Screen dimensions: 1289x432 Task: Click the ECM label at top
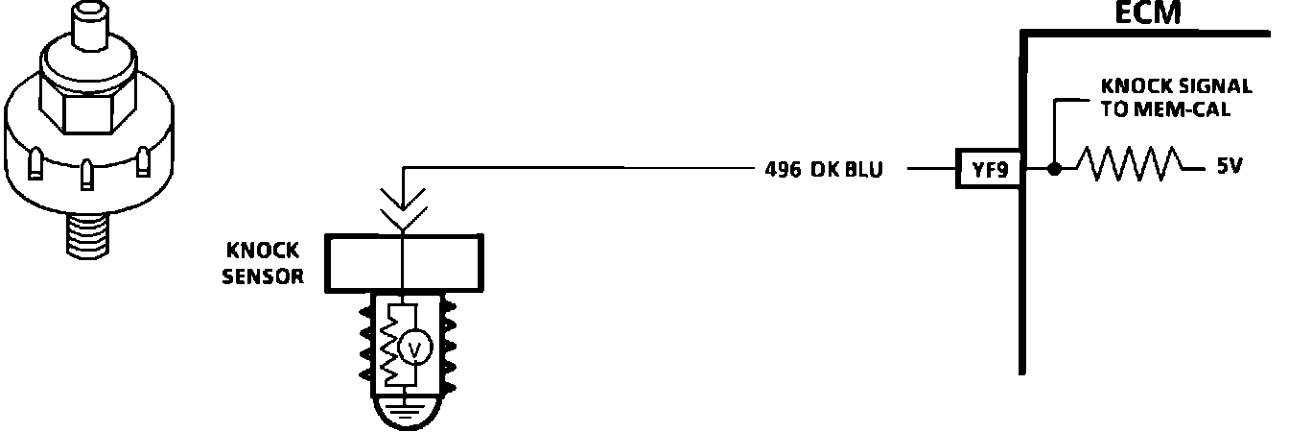click(1149, 13)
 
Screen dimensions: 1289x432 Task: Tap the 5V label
click(1229, 166)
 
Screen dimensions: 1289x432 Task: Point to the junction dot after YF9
click(1054, 170)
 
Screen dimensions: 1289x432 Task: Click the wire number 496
click(783, 170)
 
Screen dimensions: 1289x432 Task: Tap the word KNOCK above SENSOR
click(262, 252)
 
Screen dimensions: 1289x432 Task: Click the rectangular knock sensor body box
click(403, 262)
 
